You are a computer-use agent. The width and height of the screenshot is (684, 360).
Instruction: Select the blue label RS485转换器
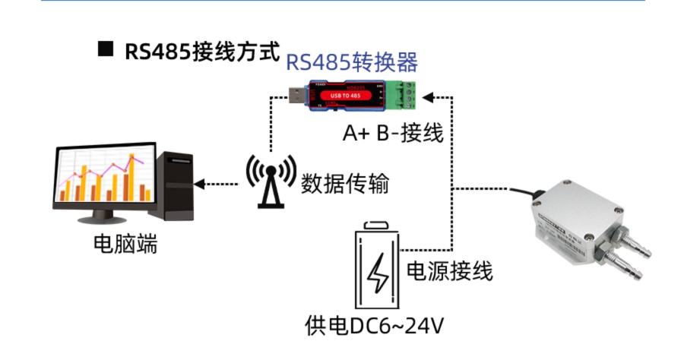pos(352,62)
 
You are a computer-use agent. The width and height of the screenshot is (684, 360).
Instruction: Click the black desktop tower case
pos(174,186)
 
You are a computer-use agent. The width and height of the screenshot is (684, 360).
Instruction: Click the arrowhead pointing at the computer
pos(200,183)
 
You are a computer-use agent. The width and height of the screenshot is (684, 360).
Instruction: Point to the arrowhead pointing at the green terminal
pos(428,96)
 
